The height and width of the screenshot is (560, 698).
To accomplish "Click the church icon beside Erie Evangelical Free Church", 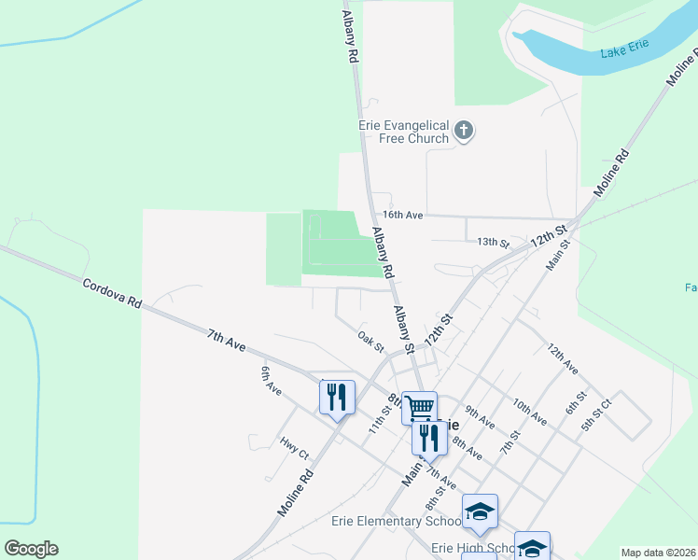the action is pos(465,132).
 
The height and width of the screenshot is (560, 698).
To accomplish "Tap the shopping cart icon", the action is pos(420,407).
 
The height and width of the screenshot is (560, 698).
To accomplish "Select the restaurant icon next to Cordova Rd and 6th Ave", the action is pos(337,397).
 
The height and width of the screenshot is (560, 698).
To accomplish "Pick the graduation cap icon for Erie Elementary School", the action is pos(480,511).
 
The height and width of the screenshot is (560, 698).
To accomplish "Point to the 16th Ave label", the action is pos(403,215).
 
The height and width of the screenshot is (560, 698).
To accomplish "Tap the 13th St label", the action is pos(494,243).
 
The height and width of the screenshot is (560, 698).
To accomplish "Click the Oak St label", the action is pos(371,341).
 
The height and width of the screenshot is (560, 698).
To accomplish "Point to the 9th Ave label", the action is pos(479,416).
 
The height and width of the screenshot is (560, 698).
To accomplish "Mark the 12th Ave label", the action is pos(564,360).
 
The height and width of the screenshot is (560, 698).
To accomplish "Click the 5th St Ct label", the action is pos(594,415).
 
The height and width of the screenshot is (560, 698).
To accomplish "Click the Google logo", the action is pos(31,549).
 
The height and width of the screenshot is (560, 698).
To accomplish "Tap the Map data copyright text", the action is pos(657,553).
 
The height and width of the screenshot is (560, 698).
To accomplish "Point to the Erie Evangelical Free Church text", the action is pos(403,132).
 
